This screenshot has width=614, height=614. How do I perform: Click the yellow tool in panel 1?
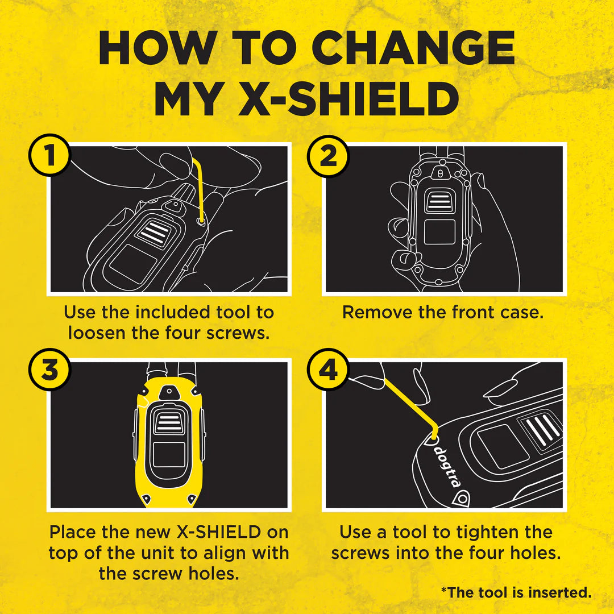pyautogui.click(x=200, y=188)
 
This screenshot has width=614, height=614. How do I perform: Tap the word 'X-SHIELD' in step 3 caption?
pyautogui.click(x=216, y=533)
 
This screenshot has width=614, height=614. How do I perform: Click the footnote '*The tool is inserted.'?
pyautogui.click(x=516, y=592)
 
